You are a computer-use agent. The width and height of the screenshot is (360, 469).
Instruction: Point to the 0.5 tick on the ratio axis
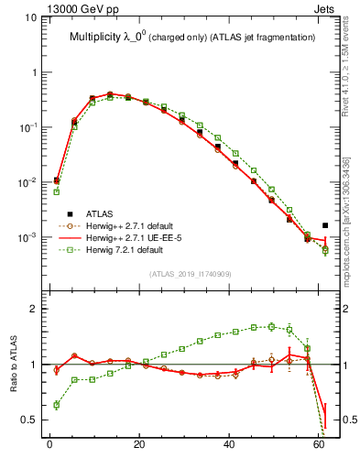[31, 420]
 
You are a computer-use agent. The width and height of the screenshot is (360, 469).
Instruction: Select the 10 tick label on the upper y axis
[31, 17]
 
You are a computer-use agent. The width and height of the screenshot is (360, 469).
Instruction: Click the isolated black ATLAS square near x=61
[325, 225]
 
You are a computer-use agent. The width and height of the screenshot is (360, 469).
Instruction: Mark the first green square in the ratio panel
[57, 404]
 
